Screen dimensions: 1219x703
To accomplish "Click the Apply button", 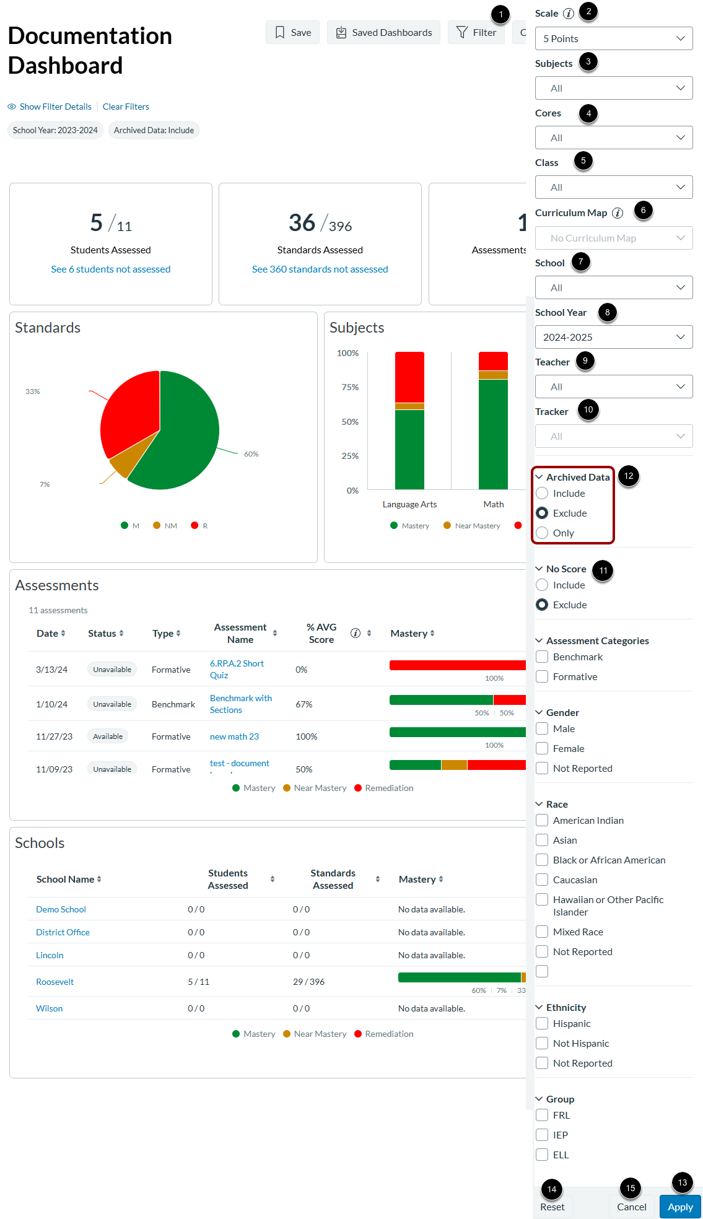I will click(679, 1207).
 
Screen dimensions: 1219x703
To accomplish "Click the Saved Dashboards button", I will click(383, 32).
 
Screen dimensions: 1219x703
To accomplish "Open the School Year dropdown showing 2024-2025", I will click(613, 337).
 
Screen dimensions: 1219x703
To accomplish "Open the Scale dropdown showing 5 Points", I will click(613, 38).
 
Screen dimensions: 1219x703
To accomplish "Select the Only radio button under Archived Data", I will click(543, 533).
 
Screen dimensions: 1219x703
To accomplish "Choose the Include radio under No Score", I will click(543, 585).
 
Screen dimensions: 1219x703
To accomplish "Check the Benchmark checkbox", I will click(543, 657).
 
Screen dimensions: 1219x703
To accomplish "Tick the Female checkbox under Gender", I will click(543, 748).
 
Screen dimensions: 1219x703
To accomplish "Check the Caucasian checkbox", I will click(543, 880).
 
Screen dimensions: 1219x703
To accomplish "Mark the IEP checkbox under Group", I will click(543, 1135).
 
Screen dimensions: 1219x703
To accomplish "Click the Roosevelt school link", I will click(55, 982).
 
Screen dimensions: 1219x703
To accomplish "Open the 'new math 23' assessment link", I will click(234, 736).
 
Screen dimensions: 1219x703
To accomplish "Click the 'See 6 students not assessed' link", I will click(110, 269).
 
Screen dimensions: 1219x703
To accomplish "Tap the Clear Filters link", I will click(126, 107).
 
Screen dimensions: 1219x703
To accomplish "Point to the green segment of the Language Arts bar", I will click(409, 449).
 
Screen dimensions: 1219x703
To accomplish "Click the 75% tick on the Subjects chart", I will click(350, 387).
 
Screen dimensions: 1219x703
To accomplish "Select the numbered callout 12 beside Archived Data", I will click(629, 476).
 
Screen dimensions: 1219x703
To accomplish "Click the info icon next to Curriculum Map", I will click(618, 213).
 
